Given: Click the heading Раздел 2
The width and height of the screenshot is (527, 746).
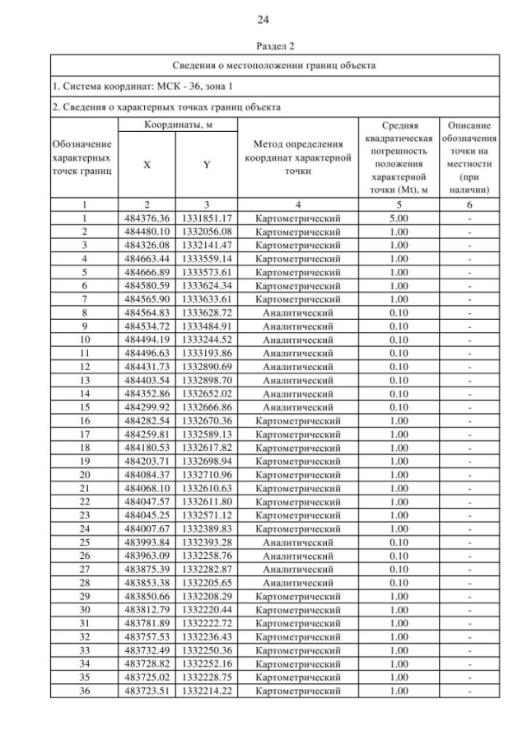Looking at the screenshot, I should [x=263, y=46].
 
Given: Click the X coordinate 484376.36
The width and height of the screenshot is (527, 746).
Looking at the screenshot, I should [x=147, y=218].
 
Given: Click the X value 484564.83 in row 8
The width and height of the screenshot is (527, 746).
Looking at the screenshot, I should [x=147, y=312].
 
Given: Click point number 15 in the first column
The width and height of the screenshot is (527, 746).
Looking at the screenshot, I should [x=85, y=406].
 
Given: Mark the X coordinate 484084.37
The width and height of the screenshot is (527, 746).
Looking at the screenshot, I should [x=147, y=474].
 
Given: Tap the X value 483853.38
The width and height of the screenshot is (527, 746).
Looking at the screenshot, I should [x=147, y=583].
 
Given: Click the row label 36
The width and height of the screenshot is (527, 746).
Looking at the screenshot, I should [x=85, y=691].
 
